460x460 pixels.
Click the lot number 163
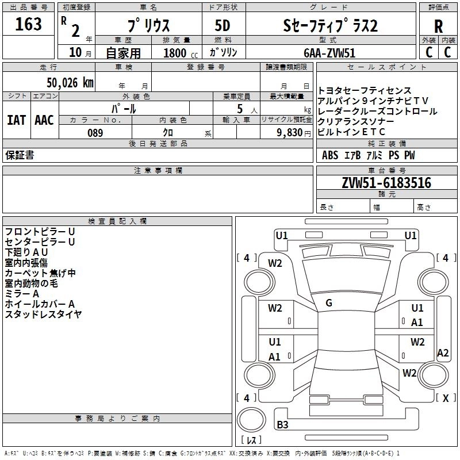(x=28, y=24)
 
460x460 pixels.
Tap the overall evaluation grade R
(x=438, y=26)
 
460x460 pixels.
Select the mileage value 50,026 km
(x=63, y=82)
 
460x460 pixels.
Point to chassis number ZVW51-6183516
(x=386, y=183)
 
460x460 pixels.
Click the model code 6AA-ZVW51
(x=329, y=52)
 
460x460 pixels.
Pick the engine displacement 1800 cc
(x=176, y=53)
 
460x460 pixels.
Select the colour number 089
(x=95, y=133)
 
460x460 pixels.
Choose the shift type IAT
(x=16, y=120)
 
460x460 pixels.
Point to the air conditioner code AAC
(x=44, y=120)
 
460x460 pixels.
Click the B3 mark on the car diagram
(x=282, y=425)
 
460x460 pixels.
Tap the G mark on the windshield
(x=328, y=303)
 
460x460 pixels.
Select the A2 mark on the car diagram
(x=442, y=353)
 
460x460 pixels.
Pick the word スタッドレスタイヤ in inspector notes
(x=43, y=314)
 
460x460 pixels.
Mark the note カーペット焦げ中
(x=40, y=273)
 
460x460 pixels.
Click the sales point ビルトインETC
(x=352, y=132)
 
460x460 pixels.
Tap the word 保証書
(x=20, y=155)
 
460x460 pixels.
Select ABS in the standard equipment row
(x=330, y=155)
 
